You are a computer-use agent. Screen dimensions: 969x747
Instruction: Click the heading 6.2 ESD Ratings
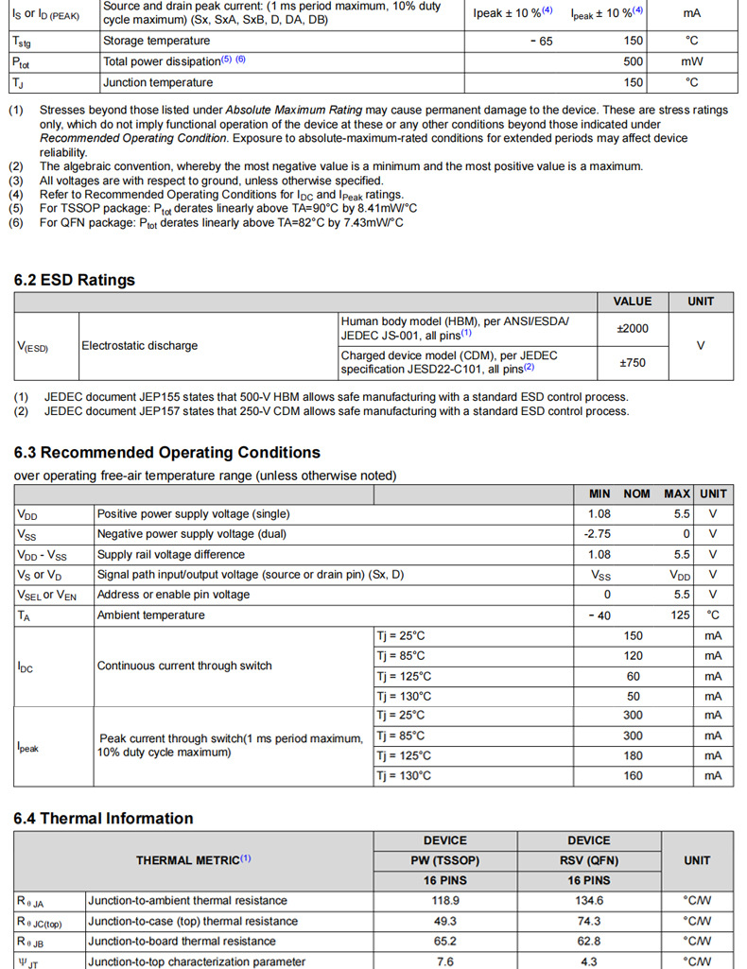click(x=75, y=280)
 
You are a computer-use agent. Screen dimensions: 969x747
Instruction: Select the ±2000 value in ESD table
click(x=632, y=328)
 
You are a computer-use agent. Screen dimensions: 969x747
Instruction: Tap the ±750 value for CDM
click(x=632, y=362)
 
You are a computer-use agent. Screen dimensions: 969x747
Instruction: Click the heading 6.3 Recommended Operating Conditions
click(x=167, y=452)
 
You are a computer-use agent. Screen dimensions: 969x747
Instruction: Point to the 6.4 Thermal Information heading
click(x=103, y=818)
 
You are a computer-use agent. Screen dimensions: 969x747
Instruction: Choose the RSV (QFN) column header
click(x=588, y=860)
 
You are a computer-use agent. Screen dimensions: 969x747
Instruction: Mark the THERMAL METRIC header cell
click(x=193, y=860)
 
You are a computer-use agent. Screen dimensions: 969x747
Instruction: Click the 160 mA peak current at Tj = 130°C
click(x=633, y=776)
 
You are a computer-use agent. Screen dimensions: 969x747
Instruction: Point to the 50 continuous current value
click(x=633, y=696)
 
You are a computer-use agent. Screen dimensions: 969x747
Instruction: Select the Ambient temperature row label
click(x=150, y=615)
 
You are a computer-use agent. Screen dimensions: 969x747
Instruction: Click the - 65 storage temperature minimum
click(x=542, y=42)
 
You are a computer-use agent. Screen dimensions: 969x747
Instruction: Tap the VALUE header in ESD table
click(x=632, y=302)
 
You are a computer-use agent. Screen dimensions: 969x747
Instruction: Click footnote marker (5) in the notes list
click(x=16, y=209)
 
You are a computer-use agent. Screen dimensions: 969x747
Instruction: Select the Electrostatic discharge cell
click(x=140, y=346)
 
